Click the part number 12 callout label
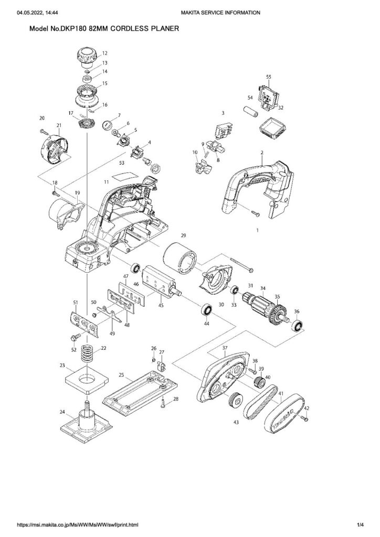pos(104,53)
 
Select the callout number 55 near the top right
pos(268,77)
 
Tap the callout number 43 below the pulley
pos(236,423)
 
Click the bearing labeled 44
pos(206,310)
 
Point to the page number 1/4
pos(360,524)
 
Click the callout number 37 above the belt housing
pos(225,348)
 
